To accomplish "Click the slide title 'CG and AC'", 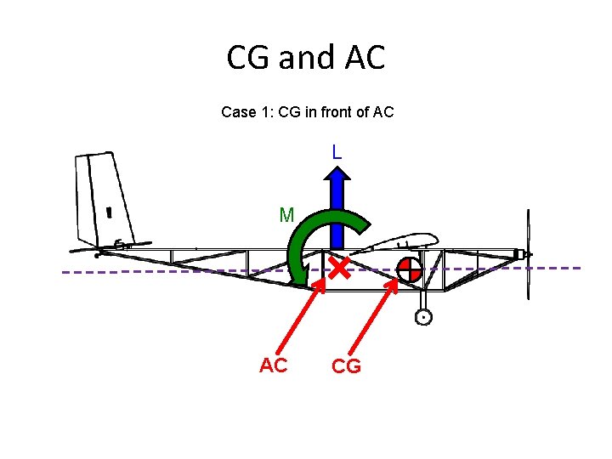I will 306,58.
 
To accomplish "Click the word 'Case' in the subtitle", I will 237,112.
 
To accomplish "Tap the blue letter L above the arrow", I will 337,153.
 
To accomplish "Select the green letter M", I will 286,216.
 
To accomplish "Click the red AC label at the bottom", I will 273,365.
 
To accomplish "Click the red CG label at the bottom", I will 346,366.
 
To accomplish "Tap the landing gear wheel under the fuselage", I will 423,317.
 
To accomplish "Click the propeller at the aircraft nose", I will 529,254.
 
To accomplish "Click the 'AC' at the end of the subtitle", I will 383,112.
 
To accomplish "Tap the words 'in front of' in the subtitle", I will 325,112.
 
